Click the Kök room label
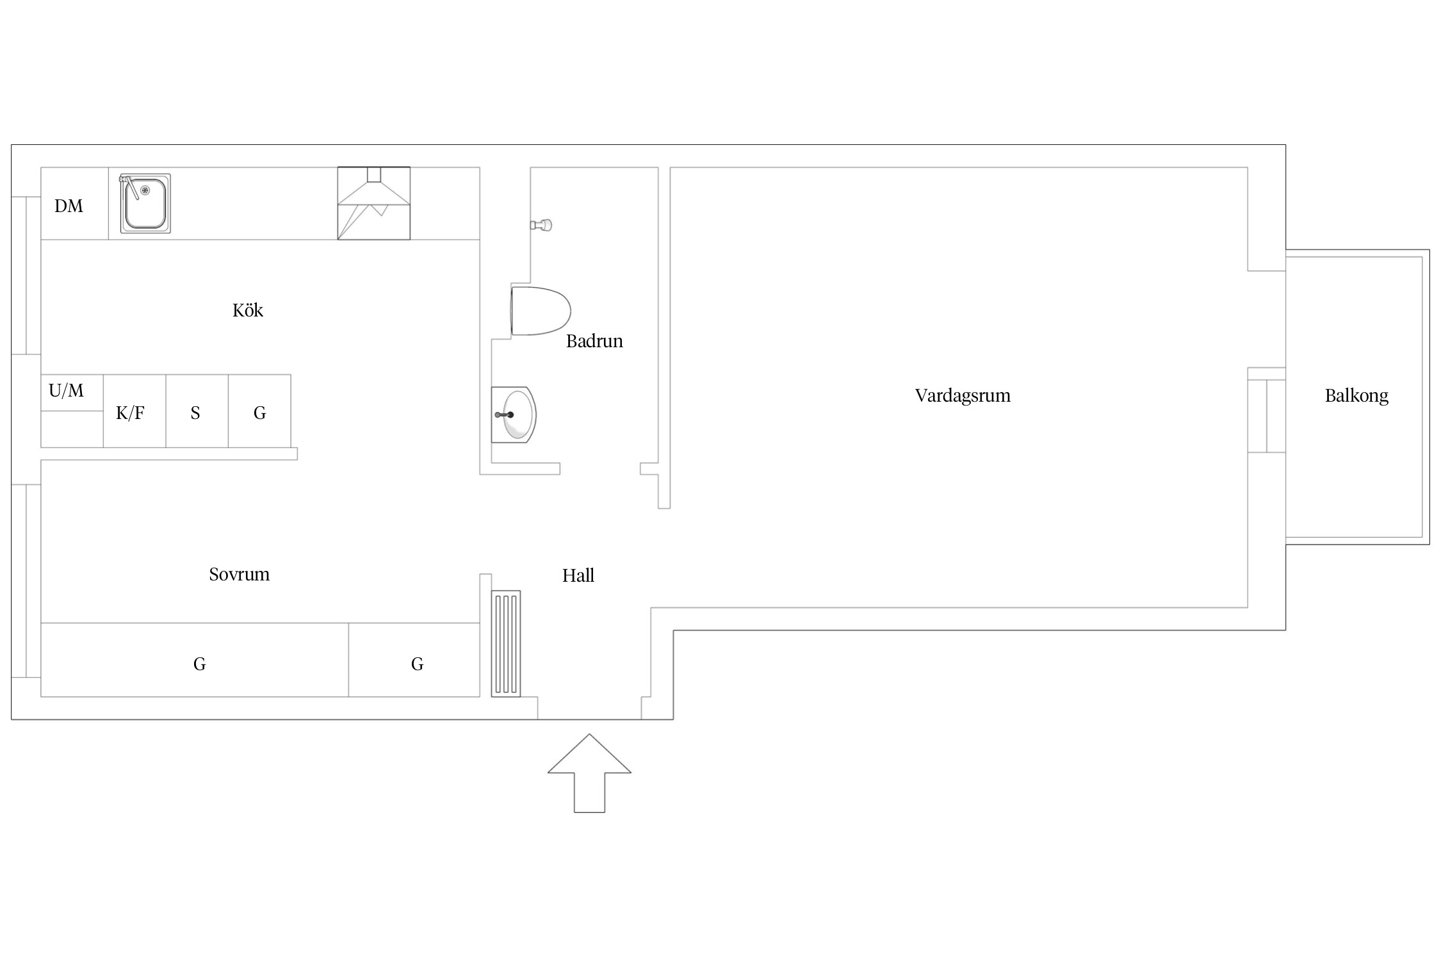(x=247, y=311)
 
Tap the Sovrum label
(x=239, y=574)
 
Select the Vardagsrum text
(x=963, y=396)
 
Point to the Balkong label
(x=1356, y=396)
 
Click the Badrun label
(x=594, y=341)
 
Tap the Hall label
(x=578, y=575)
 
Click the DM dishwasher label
(x=69, y=206)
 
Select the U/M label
(x=66, y=390)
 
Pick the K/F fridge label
(x=130, y=413)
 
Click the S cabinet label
(x=195, y=413)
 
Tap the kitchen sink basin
(x=145, y=203)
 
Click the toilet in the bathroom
(x=541, y=311)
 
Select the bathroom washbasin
(x=514, y=415)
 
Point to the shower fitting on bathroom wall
(x=542, y=225)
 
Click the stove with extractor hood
(x=374, y=203)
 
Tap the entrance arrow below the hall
(x=589, y=773)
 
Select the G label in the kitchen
(x=259, y=413)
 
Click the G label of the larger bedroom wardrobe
(x=199, y=664)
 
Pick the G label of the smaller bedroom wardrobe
(x=417, y=664)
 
